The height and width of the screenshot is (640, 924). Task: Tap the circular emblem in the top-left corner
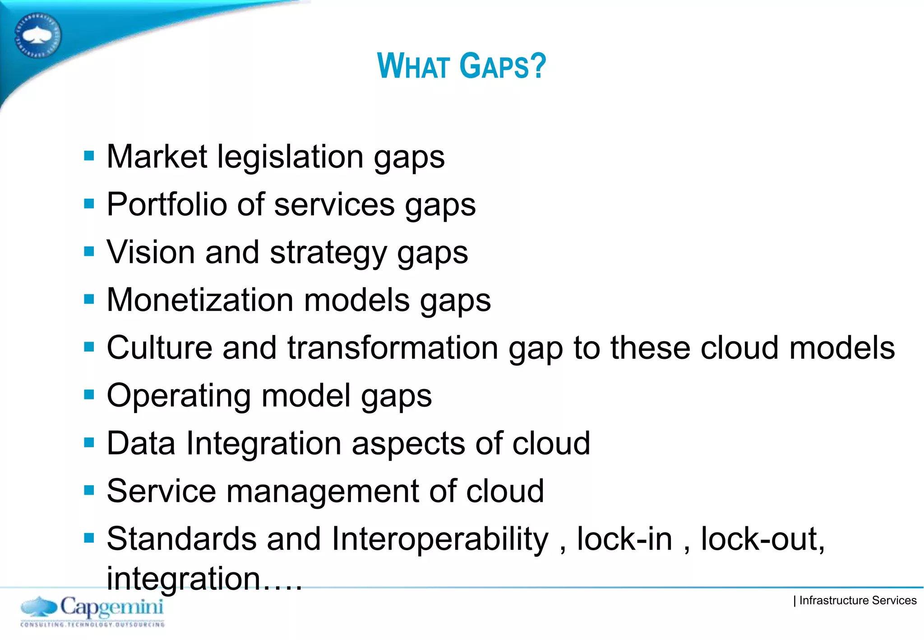tap(37, 36)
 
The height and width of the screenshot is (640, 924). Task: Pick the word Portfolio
tap(166, 205)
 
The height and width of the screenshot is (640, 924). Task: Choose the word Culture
tap(159, 348)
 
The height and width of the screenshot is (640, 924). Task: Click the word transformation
tap(393, 348)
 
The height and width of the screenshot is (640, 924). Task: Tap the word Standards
tap(182, 539)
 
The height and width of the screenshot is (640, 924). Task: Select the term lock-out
tap(762, 539)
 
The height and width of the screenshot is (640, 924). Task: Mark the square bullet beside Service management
tap(89, 490)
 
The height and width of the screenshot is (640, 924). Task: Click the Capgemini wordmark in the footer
tap(111, 607)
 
